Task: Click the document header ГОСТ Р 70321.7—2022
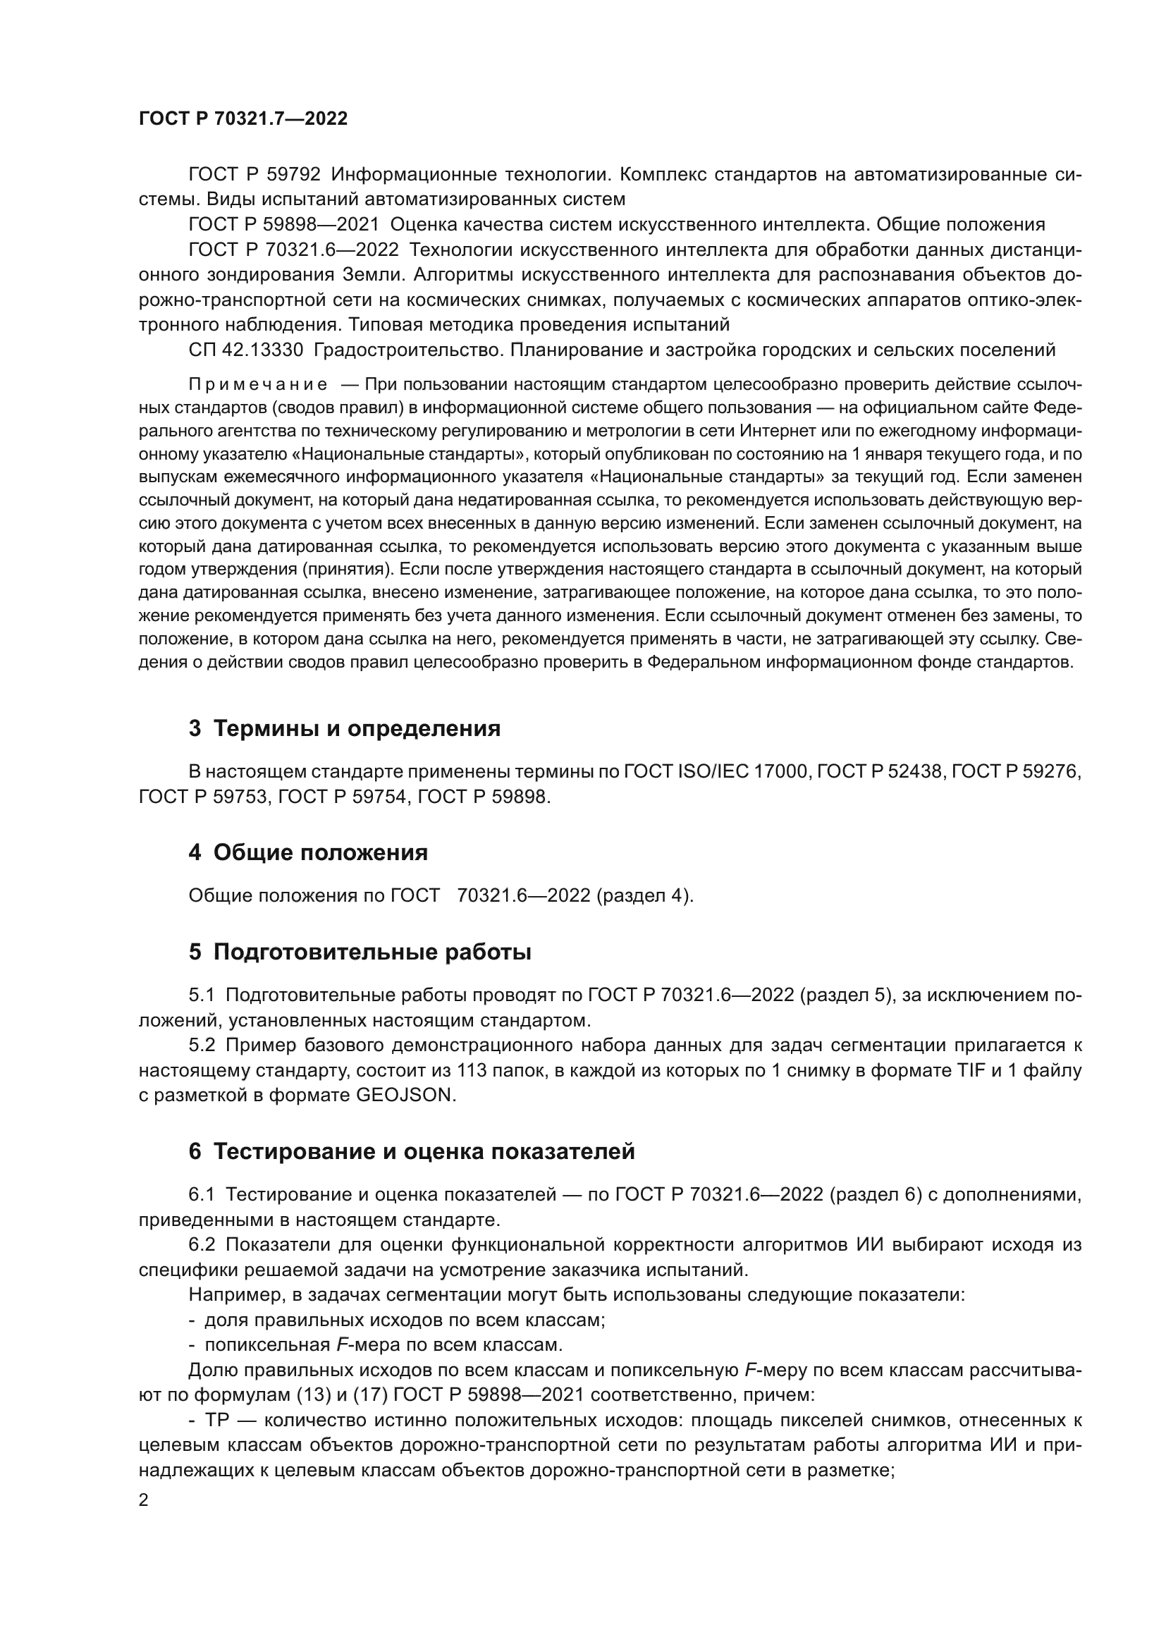tap(243, 119)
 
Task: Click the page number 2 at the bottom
tap(144, 1500)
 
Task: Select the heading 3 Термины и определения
tap(344, 728)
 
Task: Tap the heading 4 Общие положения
tap(308, 852)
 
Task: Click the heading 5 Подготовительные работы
tap(360, 952)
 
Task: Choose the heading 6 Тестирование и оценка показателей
tap(412, 1151)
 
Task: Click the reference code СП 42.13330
tap(247, 350)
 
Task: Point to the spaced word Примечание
tap(258, 385)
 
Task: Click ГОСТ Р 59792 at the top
tap(254, 175)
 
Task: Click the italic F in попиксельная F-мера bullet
tap(342, 1344)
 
